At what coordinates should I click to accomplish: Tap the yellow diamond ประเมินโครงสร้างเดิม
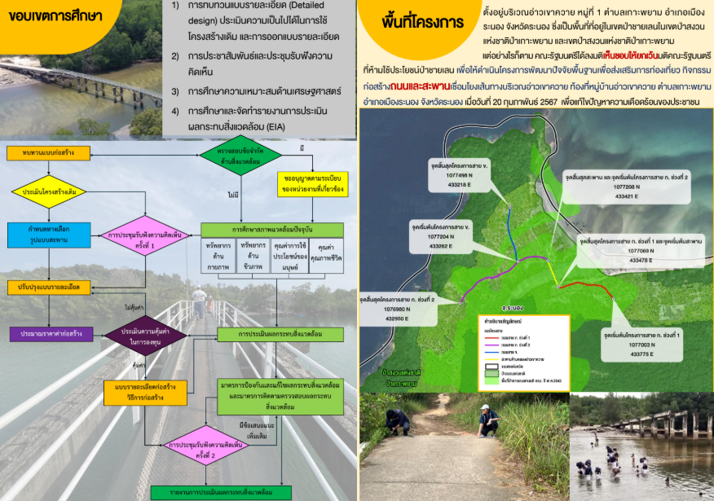(x=49, y=192)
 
